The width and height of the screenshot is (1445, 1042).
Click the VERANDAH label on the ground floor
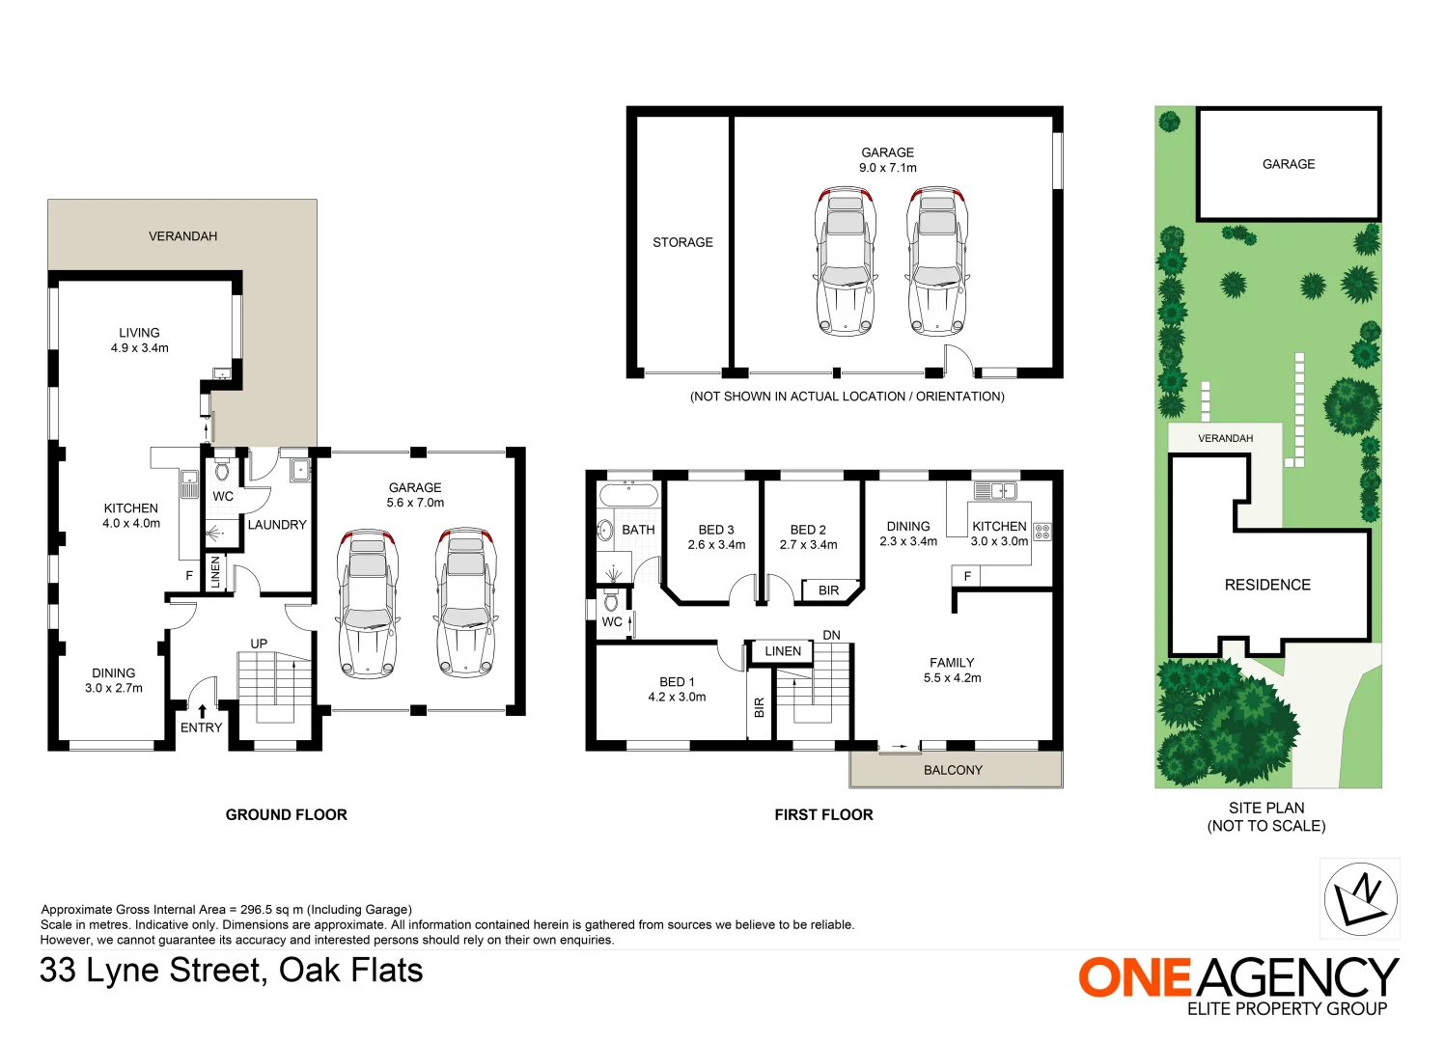pyautogui.click(x=182, y=236)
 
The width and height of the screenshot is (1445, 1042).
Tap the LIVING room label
pyautogui.click(x=139, y=333)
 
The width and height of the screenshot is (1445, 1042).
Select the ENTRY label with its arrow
pyautogui.click(x=201, y=723)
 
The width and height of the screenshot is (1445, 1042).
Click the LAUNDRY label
pyautogui.click(x=276, y=525)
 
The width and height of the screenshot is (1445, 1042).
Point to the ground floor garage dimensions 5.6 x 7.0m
pyautogui.click(x=415, y=503)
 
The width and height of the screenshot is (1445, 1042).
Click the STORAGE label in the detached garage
pyautogui.click(x=682, y=242)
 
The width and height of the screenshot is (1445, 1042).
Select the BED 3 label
pyautogui.click(x=716, y=530)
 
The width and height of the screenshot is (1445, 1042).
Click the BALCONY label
pyautogui.click(x=953, y=770)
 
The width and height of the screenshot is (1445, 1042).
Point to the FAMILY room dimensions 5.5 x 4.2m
pyautogui.click(x=952, y=678)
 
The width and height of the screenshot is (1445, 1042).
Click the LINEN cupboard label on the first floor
pyautogui.click(x=783, y=651)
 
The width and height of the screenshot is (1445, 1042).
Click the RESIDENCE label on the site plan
pyautogui.click(x=1267, y=585)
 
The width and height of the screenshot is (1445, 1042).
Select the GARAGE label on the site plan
pyautogui.click(x=1289, y=164)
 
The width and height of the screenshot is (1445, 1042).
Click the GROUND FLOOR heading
pyautogui.click(x=286, y=814)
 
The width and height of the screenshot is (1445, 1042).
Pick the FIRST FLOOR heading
pyautogui.click(x=823, y=814)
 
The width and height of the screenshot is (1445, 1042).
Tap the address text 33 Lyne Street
pyautogui.click(x=150, y=971)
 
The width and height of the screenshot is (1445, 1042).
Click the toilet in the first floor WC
pyautogui.click(x=610, y=603)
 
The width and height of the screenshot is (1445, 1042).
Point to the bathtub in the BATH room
pyautogui.click(x=628, y=495)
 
